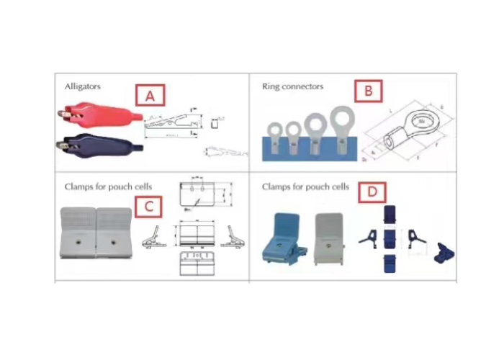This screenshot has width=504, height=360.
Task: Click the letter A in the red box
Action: [150, 96]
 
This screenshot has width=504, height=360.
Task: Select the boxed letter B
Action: [368, 91]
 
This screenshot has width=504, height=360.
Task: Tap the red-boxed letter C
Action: [148, 206]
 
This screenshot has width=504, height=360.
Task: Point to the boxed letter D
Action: [371, 192]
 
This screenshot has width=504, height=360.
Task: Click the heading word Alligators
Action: [82, 86]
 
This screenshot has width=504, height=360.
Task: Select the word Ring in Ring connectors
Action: [270, 86]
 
